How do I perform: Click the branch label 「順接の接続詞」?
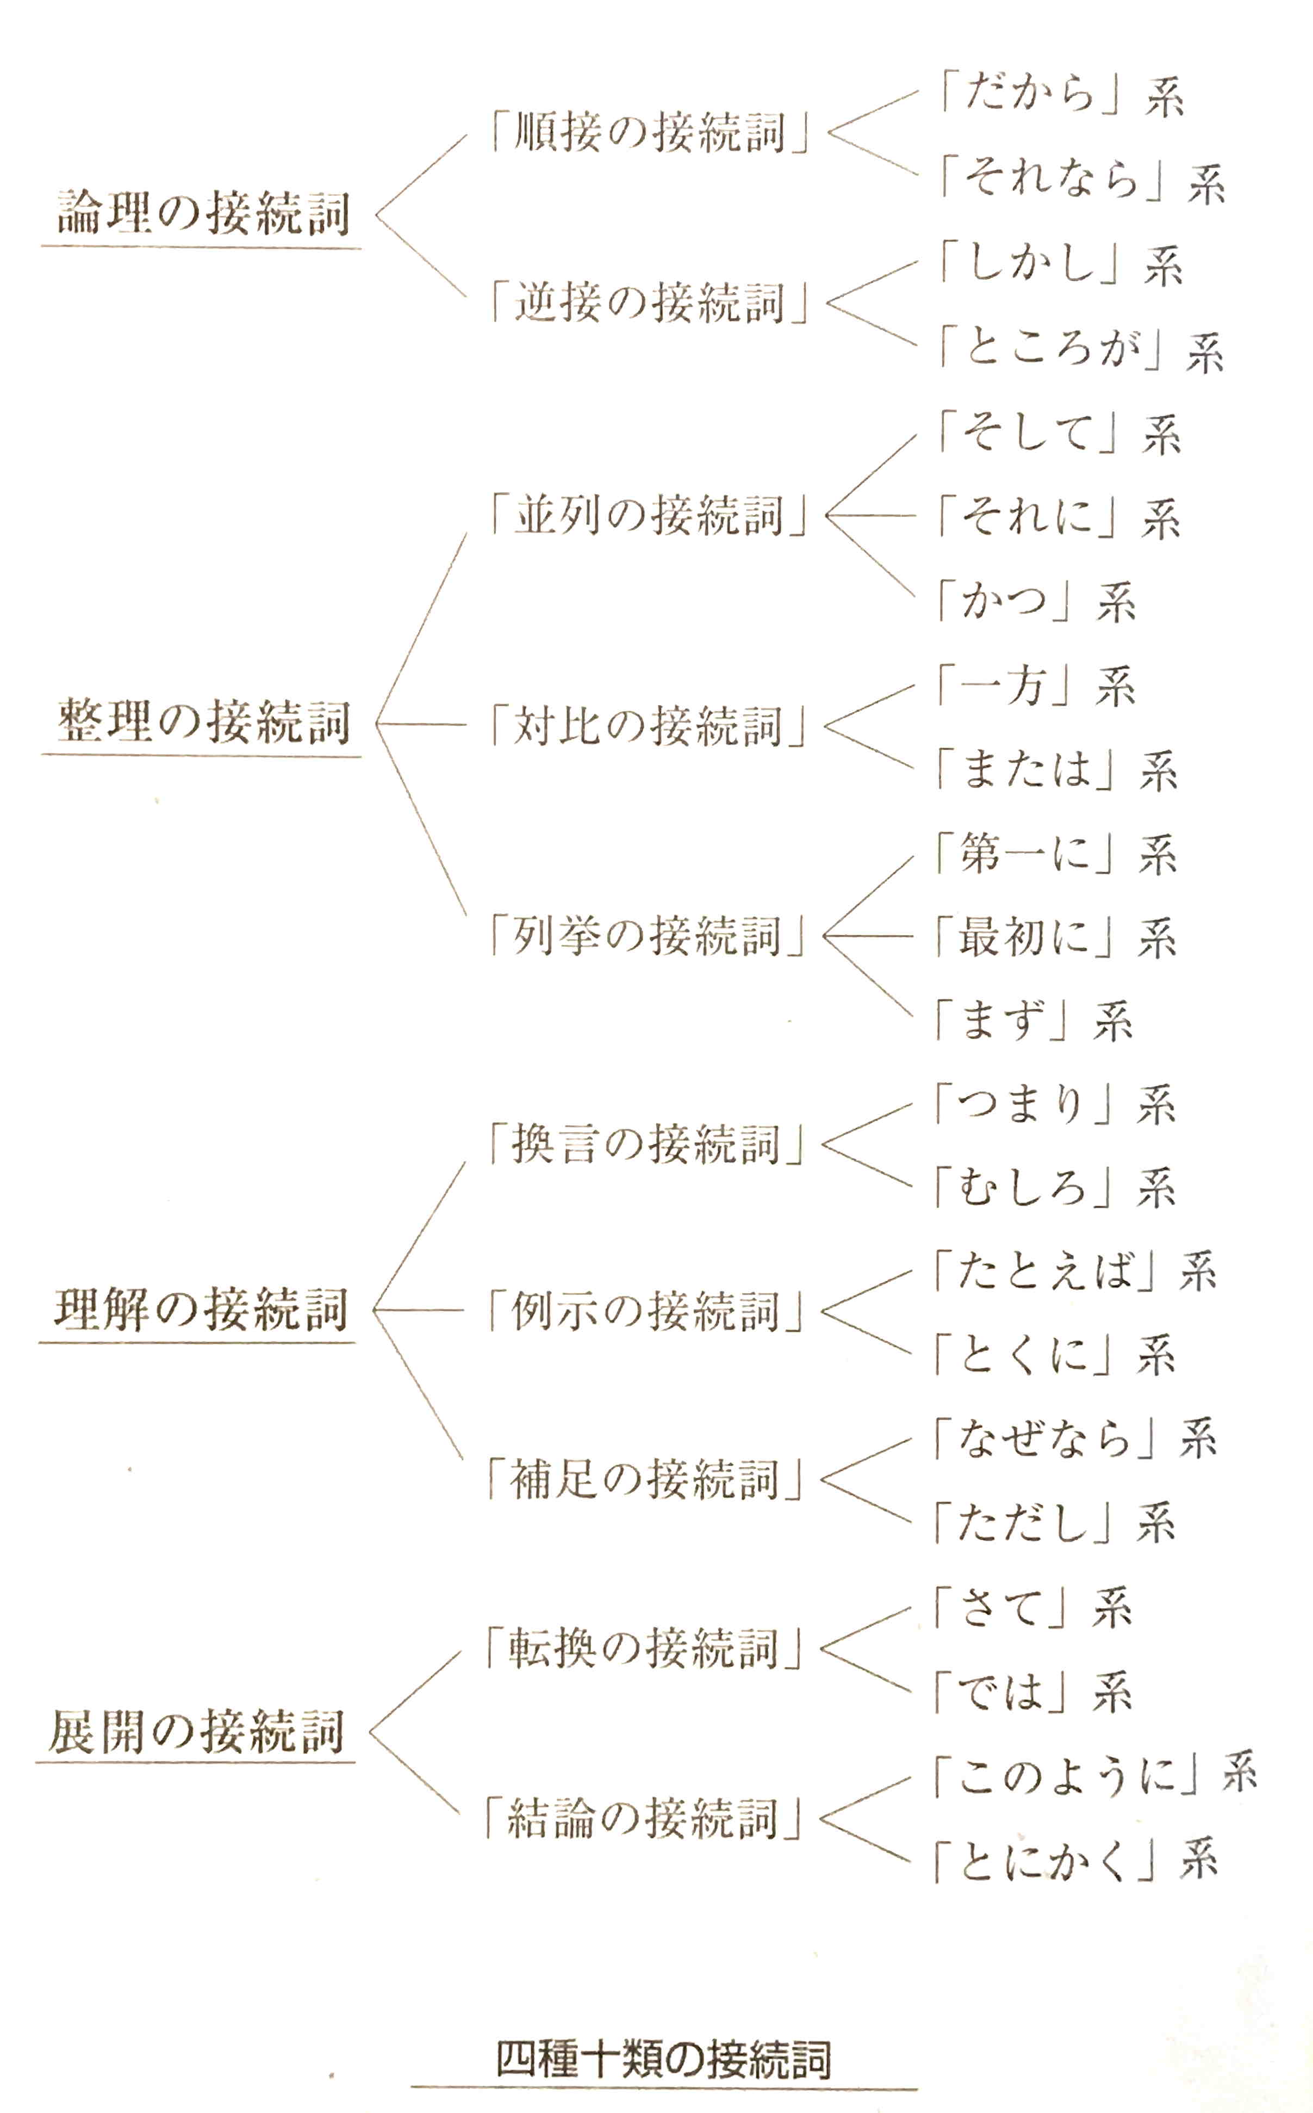(649, 133)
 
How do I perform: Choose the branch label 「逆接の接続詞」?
(649, 302)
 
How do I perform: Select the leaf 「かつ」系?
(1036, 601)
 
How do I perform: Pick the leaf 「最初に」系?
(1056, 937)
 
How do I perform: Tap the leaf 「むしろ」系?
(1055, 1188)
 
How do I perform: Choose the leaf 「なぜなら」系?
(1075, 1439)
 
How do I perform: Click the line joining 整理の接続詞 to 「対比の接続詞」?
(422, 724)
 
